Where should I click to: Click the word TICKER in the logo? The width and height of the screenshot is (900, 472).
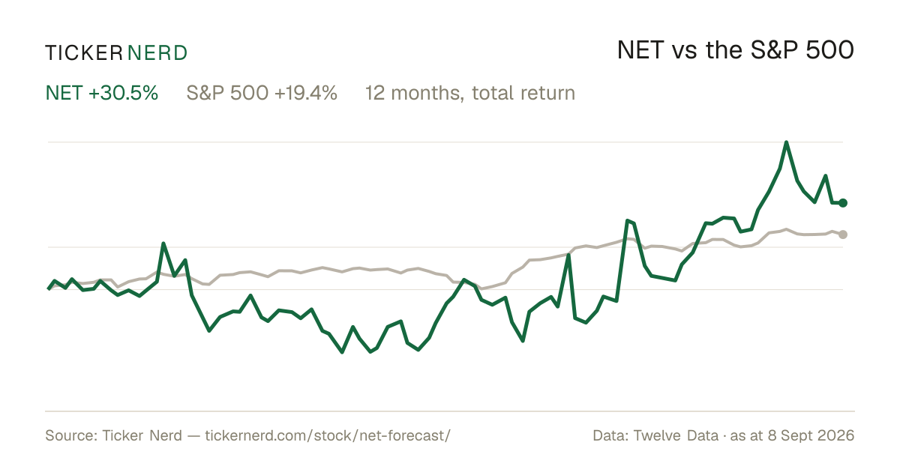84,53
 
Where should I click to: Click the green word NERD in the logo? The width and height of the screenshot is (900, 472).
157,53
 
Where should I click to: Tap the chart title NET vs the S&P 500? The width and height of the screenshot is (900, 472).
735,50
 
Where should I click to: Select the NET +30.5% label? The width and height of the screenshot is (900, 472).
102,93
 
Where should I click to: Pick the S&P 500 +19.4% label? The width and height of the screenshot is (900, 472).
262,93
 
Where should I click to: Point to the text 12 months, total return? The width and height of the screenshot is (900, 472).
470,93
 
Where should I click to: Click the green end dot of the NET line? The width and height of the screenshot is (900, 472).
843,203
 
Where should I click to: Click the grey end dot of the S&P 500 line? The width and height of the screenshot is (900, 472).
843,235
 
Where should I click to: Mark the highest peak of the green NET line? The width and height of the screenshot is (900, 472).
786,142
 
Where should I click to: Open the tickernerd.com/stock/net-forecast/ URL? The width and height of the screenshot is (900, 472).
328,435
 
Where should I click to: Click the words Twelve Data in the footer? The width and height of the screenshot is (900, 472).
676,435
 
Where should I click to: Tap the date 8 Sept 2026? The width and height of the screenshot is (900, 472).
811,435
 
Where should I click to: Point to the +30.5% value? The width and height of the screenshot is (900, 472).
123,93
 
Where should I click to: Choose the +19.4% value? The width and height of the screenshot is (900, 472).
306,93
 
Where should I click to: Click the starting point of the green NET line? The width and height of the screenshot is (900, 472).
49,289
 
